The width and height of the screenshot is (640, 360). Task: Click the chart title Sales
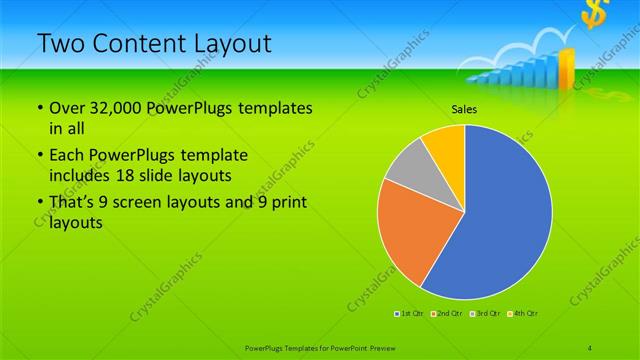463,111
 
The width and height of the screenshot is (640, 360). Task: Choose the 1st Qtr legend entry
410,314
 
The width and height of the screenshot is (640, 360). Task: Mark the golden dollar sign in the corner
594,14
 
